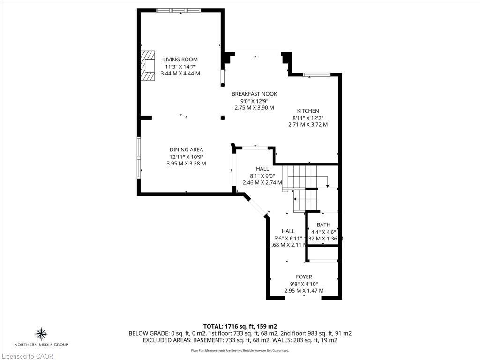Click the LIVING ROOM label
(x=180, y=60)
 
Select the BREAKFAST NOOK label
(x=254, y=94)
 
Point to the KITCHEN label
(x=307, y=111)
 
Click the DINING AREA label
(x=186, y=150)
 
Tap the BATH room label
(x=323, y=225)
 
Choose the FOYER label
(x=304, y=277)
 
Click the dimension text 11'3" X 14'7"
(x=180, y=67)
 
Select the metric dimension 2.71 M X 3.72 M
(x=307, y=125)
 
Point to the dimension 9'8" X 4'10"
(x=304, y=284)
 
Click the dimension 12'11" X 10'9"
(x=186, y=157)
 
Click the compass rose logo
(x=42, y=334)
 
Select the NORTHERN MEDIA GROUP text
(x=42, y=345)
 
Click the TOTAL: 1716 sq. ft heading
(x=240, y=326)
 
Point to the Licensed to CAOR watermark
(x=27, y=356)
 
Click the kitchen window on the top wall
(x=317, y=75)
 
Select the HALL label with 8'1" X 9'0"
(x=262, y=169)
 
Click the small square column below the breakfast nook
(x=222, y=118)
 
